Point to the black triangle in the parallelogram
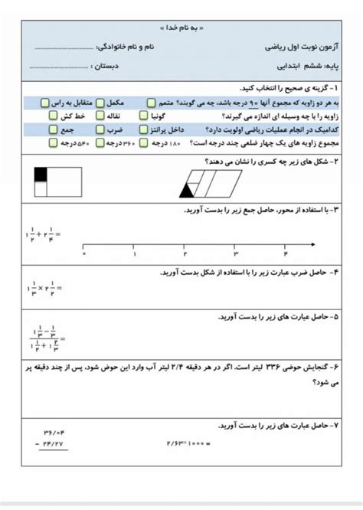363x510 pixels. (187, 188)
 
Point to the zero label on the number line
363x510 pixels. (83, 253)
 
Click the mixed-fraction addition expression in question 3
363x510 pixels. (43, 234)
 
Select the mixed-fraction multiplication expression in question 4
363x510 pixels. (43, 289)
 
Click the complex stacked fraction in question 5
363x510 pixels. (44, 338)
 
